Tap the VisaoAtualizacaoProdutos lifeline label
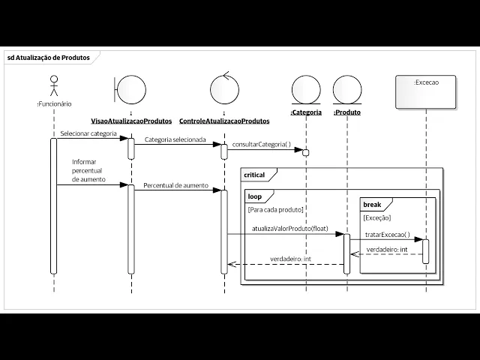[132, 120]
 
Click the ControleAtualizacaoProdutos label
[223, 120]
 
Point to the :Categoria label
[306, 112]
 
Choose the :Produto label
[347, 112]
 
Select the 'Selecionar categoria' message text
[88, 133]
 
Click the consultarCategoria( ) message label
[262, 144]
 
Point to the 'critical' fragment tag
[256, 175]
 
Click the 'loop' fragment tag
[255, 196]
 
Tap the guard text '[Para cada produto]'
[275, 210]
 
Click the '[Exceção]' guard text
[377, 218]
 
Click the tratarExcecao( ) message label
[387, 234]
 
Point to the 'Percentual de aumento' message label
[175, 184]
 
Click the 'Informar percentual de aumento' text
[89, 171]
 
